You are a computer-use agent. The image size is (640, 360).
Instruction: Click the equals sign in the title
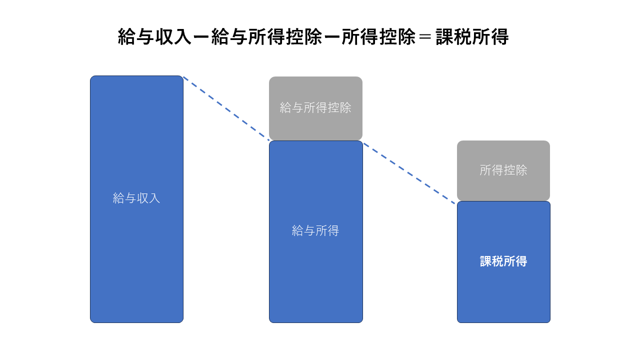425,37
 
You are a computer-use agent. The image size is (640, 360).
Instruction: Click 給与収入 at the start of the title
154,37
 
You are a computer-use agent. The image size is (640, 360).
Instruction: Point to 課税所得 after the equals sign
472,37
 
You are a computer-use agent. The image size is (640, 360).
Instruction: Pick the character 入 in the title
182,37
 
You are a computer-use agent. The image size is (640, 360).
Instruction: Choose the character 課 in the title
445,37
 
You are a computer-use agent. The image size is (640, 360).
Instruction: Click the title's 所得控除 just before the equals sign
378,37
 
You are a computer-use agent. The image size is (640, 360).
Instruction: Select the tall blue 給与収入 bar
136,199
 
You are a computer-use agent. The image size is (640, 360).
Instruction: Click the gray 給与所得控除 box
315,108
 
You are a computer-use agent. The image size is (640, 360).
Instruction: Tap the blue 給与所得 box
315,231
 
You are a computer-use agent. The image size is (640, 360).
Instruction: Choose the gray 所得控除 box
503,170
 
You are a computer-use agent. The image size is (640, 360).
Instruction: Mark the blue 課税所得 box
503,262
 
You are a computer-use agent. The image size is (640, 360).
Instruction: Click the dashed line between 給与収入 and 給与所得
226,108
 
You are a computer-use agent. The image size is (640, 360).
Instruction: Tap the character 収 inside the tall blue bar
142,198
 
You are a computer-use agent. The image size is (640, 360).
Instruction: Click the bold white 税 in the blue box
497,261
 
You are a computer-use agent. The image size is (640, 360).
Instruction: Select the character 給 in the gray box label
285,107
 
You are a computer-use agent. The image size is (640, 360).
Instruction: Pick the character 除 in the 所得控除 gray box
521,170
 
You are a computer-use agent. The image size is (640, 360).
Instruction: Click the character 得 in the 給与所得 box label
333,230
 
